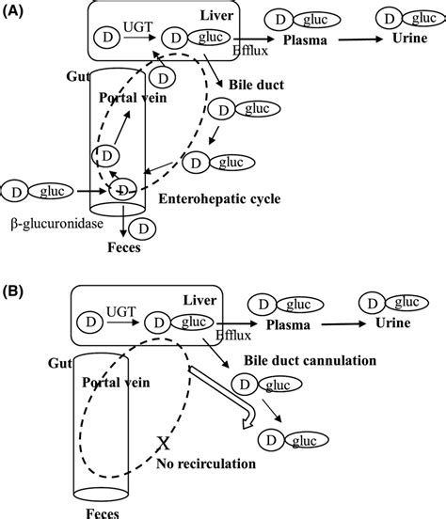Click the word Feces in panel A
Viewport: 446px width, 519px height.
[x=122, y=251]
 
